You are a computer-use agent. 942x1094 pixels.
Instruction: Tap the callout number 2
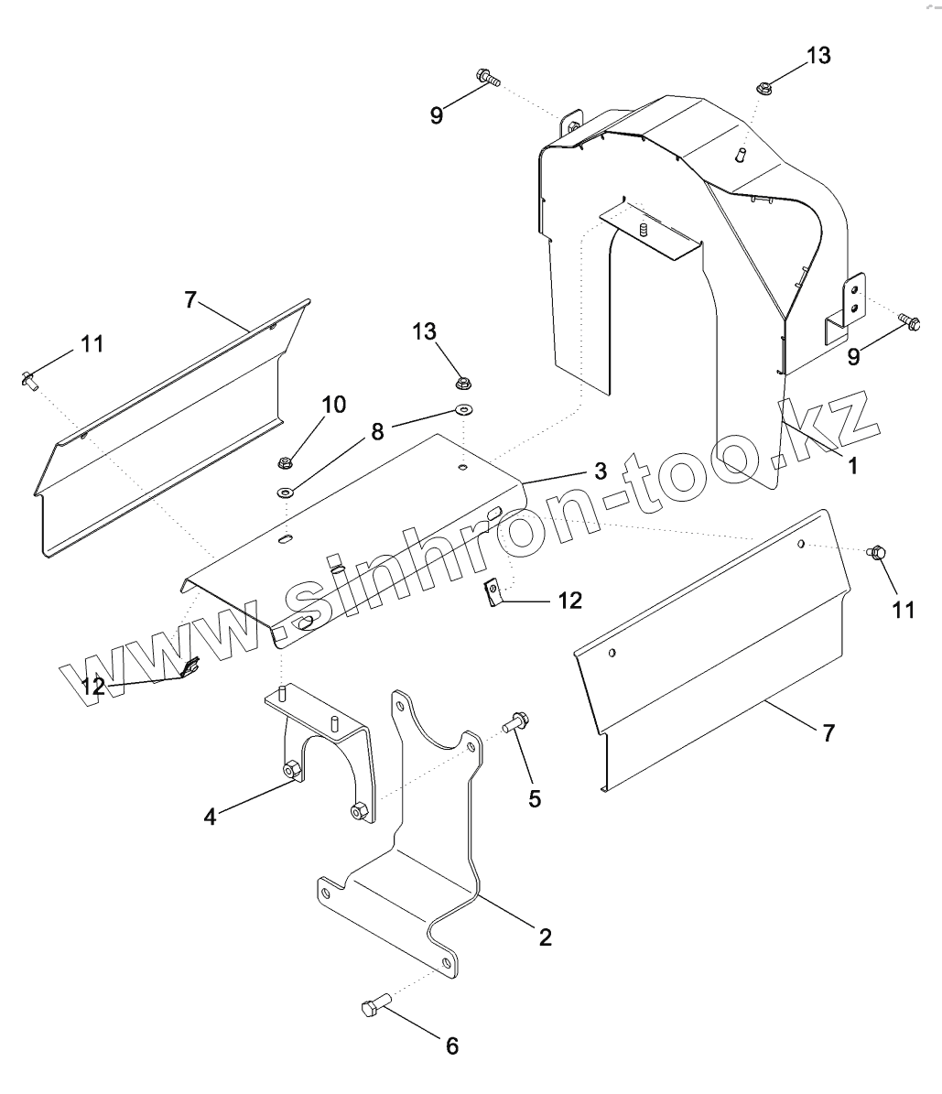[x=545, y=937]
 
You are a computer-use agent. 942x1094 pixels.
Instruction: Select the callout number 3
[x=600, y=471]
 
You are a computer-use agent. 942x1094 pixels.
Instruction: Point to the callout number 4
[x=211, y=816]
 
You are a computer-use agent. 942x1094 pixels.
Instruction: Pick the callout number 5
[x=536, y=798]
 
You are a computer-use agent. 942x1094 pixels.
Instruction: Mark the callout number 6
[x=452, y=1045]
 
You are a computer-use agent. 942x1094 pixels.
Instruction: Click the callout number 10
[x=334, y=404]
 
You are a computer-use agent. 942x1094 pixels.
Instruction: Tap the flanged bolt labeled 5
[x=514, y=722]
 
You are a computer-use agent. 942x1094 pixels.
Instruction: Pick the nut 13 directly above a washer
[x=463, y=383]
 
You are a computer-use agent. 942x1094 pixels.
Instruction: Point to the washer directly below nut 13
[x=464, y=409]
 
